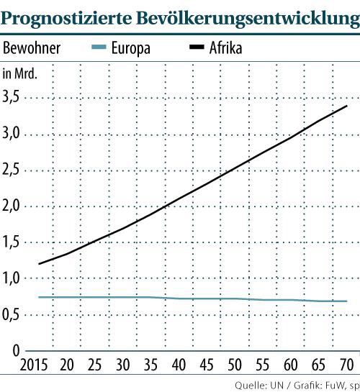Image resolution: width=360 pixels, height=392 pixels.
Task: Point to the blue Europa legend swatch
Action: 102,49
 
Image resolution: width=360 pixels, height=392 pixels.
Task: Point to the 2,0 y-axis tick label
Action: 13,206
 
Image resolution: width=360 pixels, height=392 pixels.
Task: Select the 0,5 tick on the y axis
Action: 13,314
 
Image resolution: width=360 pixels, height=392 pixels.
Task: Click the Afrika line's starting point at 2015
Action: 38,263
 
